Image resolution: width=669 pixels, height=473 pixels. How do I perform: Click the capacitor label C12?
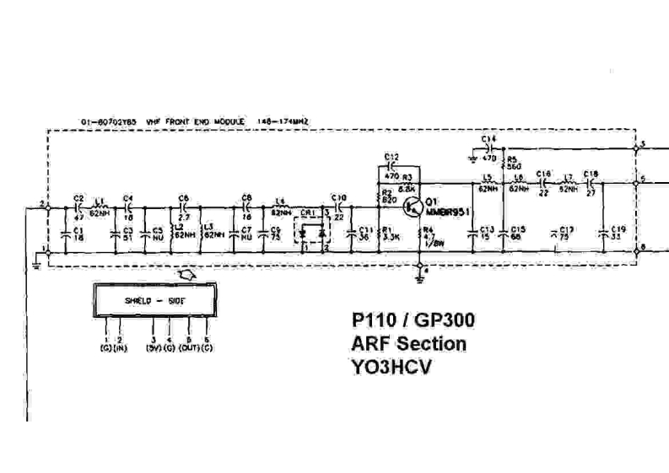[x=391, y=158]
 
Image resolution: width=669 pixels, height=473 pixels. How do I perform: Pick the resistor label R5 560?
[x=513, y=162]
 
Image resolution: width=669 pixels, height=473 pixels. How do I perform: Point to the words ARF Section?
[x=408, y=344]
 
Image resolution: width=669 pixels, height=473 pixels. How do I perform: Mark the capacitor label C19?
[x=618, y=229]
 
